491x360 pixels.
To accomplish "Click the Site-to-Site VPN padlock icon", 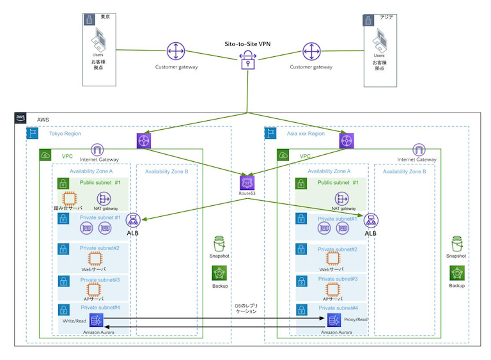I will [x=247, y=61].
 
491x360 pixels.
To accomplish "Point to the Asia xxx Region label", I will [x=306, y=134].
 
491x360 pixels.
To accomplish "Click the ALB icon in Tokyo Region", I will [x=133, y=221].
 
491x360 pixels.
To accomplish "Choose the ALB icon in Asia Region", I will [x=370, y=221].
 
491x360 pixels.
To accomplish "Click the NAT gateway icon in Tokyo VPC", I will [x=104, y=199].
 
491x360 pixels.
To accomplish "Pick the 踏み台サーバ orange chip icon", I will [x=70, y=199].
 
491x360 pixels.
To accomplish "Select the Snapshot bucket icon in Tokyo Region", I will [x=219, y=244].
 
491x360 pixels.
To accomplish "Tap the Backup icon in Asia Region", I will [x=456, y=273].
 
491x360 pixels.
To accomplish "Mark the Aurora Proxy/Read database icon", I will [x=333, y=320].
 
